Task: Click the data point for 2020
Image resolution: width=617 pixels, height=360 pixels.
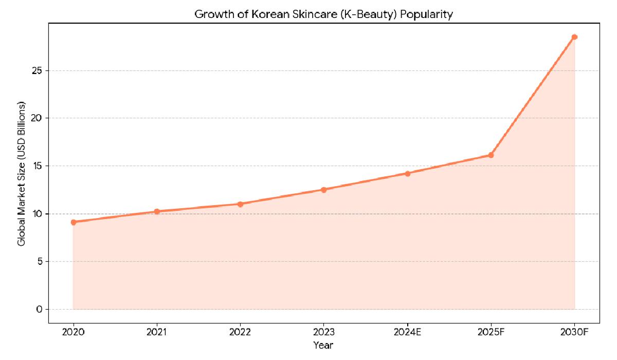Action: (74, 222)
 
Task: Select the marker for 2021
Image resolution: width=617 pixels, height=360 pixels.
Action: (157, 211)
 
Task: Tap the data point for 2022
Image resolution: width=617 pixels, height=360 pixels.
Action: (240, 204)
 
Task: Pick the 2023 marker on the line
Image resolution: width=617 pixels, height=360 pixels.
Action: (324, 190)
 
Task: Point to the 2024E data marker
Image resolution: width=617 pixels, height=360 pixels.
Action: (407, 173)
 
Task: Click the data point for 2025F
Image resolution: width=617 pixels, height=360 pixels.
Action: (491, 155)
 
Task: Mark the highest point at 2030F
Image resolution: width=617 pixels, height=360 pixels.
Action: (574, 37)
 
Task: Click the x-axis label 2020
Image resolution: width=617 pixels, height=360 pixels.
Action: (74, 332)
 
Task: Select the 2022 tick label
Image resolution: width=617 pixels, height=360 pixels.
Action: (240, 332)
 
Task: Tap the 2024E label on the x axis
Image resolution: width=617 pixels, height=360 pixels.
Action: (407, 332)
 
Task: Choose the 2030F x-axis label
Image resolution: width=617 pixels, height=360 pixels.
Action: (574, 332)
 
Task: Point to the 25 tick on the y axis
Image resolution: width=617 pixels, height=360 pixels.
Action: (37, 70)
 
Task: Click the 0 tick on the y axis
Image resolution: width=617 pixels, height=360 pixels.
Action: (39, 309)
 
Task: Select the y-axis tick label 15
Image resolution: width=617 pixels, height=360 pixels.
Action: (37, 166)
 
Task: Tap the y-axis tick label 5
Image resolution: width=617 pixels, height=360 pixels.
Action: (39, 261)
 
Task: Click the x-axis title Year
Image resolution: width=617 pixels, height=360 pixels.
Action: (324, 345)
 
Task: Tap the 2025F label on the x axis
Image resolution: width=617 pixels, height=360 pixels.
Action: (491, 332)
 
